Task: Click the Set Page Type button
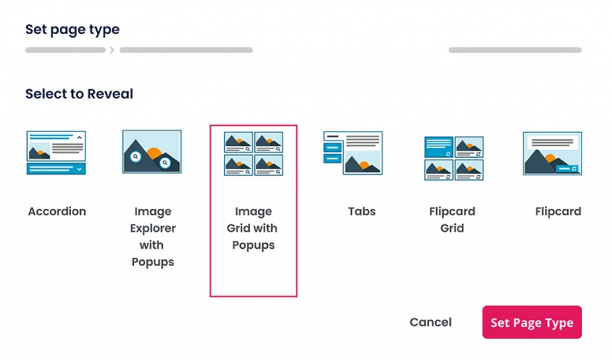[x=531, y=323]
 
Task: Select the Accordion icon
[x=56, y=152]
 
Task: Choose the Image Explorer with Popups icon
[x=152, y=152]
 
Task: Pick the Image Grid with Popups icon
[x=253, y=154]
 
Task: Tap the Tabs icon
[x=353, y=152]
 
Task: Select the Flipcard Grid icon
[x=454, y=158]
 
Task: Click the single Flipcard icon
[x=552, y=153]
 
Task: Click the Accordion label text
[x=57, y=211]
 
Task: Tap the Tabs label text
[x=362, y=211]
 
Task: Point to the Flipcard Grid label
[x=452, y=219]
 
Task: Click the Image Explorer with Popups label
[x=152, y=236]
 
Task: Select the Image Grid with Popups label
[x=253, y=228]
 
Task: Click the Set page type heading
[x=72, y=29]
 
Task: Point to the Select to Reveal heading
[x=79, y=94]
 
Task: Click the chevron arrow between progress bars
[x=112, y=50]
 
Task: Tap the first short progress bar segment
[x=65, y=50]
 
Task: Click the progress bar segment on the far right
[x=515, y=50]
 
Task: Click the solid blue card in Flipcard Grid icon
[x=438, y=147]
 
